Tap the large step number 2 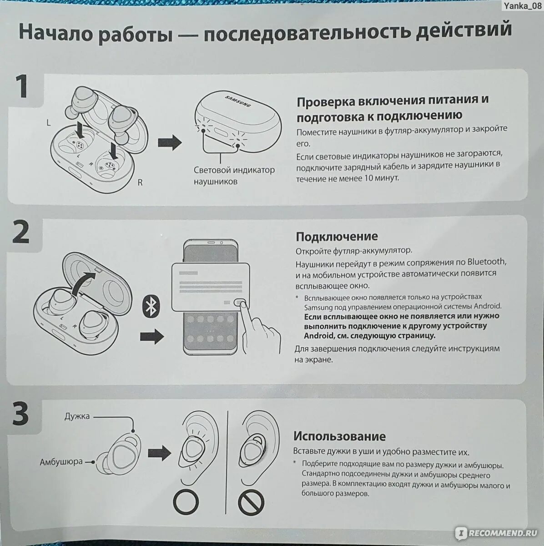(21, 233)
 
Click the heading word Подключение (337, 237)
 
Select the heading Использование (339, 436)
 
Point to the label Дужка (77, 416)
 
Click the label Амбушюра (61, 462)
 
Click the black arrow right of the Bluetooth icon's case (151, 337)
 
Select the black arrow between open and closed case (170, 143)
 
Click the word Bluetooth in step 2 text (486, 262)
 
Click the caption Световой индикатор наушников (234, 175)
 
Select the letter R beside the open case (140, 182)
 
